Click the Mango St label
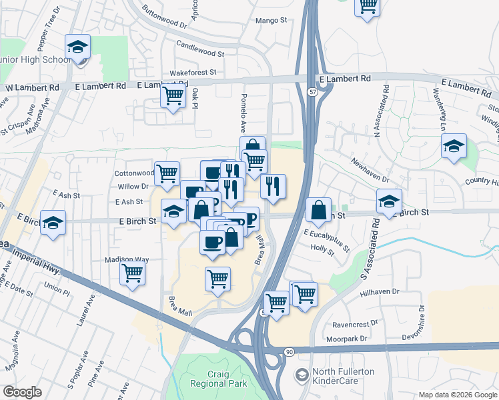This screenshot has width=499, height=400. pos(272,21)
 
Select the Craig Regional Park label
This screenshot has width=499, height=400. pos(218,378)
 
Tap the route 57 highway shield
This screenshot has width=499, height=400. pos(312,93)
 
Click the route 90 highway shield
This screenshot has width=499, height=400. pos(288,351)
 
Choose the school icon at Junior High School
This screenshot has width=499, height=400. pos(78,48)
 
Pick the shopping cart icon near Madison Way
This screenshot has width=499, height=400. pos(133,273)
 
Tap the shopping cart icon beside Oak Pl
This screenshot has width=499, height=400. pos(173,95)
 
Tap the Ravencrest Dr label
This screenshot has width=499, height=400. pos(356,327)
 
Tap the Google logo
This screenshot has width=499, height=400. pos(22,392)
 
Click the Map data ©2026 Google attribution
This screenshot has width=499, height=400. pos(457,393)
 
